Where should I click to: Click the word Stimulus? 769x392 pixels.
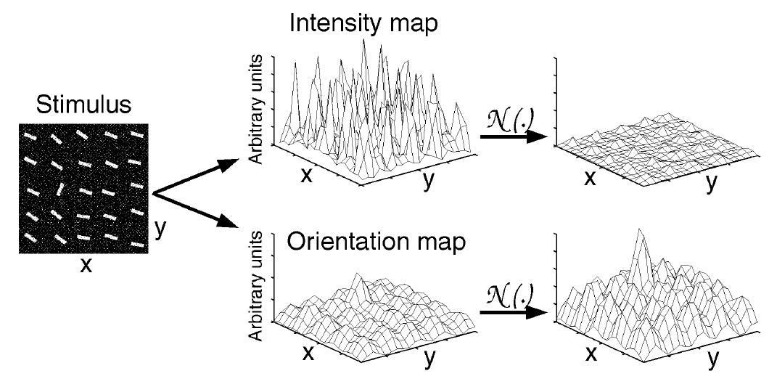point(83,105)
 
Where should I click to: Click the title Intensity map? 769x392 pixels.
point(363,23)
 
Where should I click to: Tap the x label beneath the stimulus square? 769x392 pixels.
point(86,266)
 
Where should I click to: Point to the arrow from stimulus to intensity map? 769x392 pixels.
point(195,178)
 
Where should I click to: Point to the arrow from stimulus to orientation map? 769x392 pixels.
point(195,210)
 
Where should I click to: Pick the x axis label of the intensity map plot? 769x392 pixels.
point(307,176)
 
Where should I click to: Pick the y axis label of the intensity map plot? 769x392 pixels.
point(428,181)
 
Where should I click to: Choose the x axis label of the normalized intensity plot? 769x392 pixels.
point(590,179)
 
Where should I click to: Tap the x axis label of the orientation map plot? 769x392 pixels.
point(308,353)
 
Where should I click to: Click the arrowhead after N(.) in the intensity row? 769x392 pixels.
point(537,136)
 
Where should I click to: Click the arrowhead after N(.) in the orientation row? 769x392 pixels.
point(537,312)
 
